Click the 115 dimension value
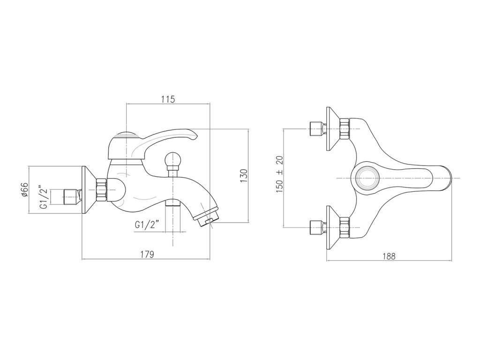click(x=168, y=99)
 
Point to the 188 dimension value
click(x=389, y=256)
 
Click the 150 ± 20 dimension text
click(x=280, y=174)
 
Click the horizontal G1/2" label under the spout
click(x=148, y=225)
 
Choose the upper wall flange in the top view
click(x=332, y=128)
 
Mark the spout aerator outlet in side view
click(x=207, y=219)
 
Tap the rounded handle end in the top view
click(x=445, y=178)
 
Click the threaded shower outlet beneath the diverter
click(x=172, y=202)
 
